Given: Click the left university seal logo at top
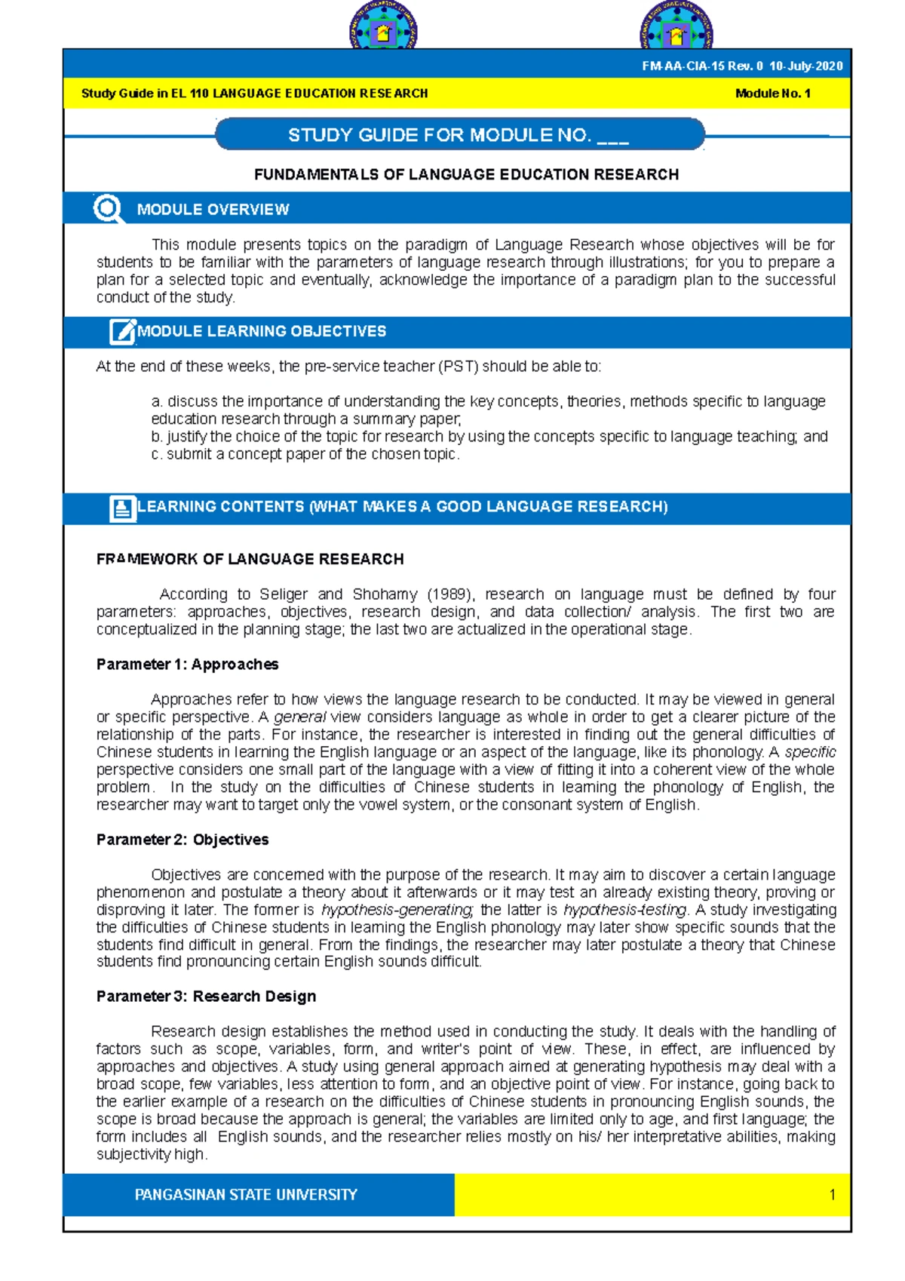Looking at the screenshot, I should pos(383,28).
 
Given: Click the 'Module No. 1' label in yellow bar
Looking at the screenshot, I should pos(772,94).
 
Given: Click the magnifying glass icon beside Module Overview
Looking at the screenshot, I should pos(108,209).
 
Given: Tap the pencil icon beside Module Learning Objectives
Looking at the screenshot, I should pos(121,331).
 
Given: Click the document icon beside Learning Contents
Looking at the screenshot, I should pos(121,508).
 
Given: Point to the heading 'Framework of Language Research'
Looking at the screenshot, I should pos(250,559).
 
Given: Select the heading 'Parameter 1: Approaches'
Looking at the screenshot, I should pos(187,665).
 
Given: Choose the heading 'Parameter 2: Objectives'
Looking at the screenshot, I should pos(183,840).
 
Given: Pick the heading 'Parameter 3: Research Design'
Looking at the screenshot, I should pos(206,997).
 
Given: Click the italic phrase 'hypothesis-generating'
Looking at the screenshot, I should pos(397,910).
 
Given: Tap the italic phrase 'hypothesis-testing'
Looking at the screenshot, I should pos(625,910).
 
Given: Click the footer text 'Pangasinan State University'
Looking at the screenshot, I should pos(246,1195).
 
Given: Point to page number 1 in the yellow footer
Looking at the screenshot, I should pos(832,1195).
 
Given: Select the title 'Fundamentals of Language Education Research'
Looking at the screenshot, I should pos(466,175).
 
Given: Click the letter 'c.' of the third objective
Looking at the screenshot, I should pos(156,454).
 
